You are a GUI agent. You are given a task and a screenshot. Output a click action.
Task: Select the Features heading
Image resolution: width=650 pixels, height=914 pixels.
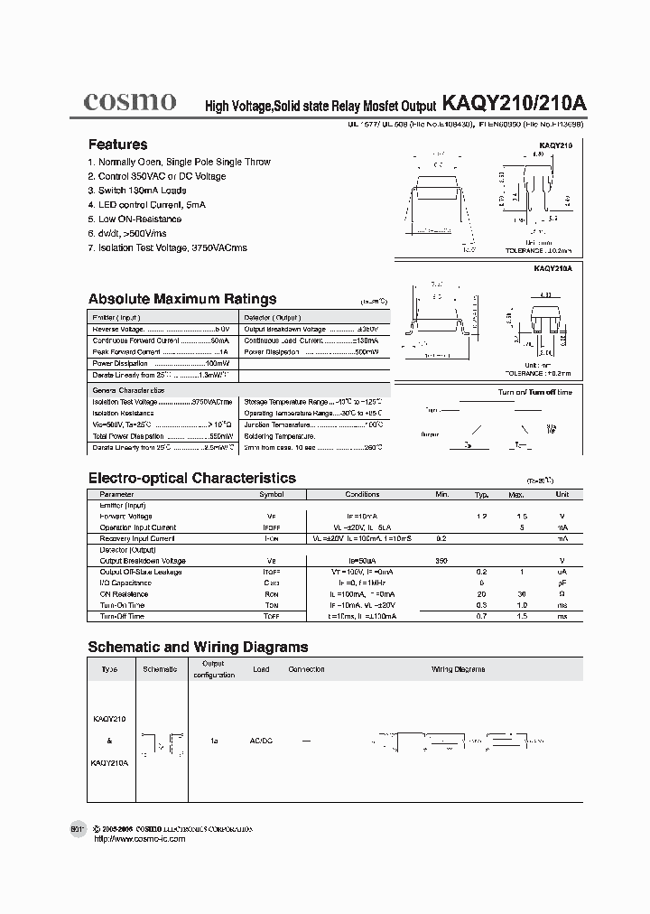tap(117, 145)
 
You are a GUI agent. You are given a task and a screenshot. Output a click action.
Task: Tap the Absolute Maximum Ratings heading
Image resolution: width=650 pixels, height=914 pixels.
tap(181, 299)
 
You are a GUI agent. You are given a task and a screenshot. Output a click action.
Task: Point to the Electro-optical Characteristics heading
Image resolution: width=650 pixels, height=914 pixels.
tap(191, 478)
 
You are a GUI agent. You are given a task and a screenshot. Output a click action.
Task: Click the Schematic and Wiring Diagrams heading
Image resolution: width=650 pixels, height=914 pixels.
tap(198, 647)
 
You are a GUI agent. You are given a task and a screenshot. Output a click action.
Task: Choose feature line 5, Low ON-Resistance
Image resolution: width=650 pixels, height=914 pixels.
tap(135, 219)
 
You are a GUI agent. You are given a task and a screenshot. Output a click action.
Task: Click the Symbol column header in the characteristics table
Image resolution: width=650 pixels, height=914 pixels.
tap(272, 495)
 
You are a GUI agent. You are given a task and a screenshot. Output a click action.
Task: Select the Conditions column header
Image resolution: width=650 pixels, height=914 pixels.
tap(363, 495)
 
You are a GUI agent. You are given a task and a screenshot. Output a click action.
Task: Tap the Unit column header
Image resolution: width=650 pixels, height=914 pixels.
tap(562, 495)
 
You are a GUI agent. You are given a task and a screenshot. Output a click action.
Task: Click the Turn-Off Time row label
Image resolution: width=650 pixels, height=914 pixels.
tap(121, 616)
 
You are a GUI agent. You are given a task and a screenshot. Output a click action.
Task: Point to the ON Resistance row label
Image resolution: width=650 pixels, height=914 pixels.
tap(124, 594)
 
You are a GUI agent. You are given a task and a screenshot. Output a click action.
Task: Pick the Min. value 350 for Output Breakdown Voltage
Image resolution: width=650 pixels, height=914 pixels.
tap(441, 561)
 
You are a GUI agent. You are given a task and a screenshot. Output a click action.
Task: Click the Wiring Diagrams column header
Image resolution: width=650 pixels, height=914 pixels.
tap(458, 669)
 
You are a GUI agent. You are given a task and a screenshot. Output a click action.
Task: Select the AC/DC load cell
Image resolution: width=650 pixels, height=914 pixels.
tap(260, 741)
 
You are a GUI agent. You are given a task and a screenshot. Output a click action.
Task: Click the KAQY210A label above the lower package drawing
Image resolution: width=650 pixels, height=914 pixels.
tap(553, 269)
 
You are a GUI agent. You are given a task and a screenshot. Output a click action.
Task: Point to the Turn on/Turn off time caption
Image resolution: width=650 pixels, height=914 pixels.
tap(535, 392)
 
